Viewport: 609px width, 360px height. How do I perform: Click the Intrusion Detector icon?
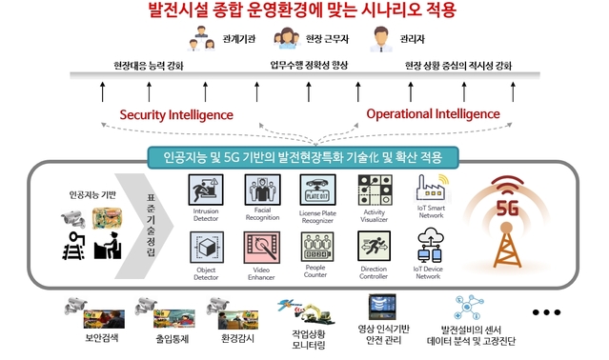206,190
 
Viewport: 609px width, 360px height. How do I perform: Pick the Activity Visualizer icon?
373,190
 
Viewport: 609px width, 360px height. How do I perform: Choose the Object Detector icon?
206,247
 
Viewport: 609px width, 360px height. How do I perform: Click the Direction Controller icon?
373,247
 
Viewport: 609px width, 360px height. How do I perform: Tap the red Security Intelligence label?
176,114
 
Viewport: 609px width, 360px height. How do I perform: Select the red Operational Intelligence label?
433,113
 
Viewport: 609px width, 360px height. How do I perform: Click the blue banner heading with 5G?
303,155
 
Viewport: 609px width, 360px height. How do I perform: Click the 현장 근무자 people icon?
286,41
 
